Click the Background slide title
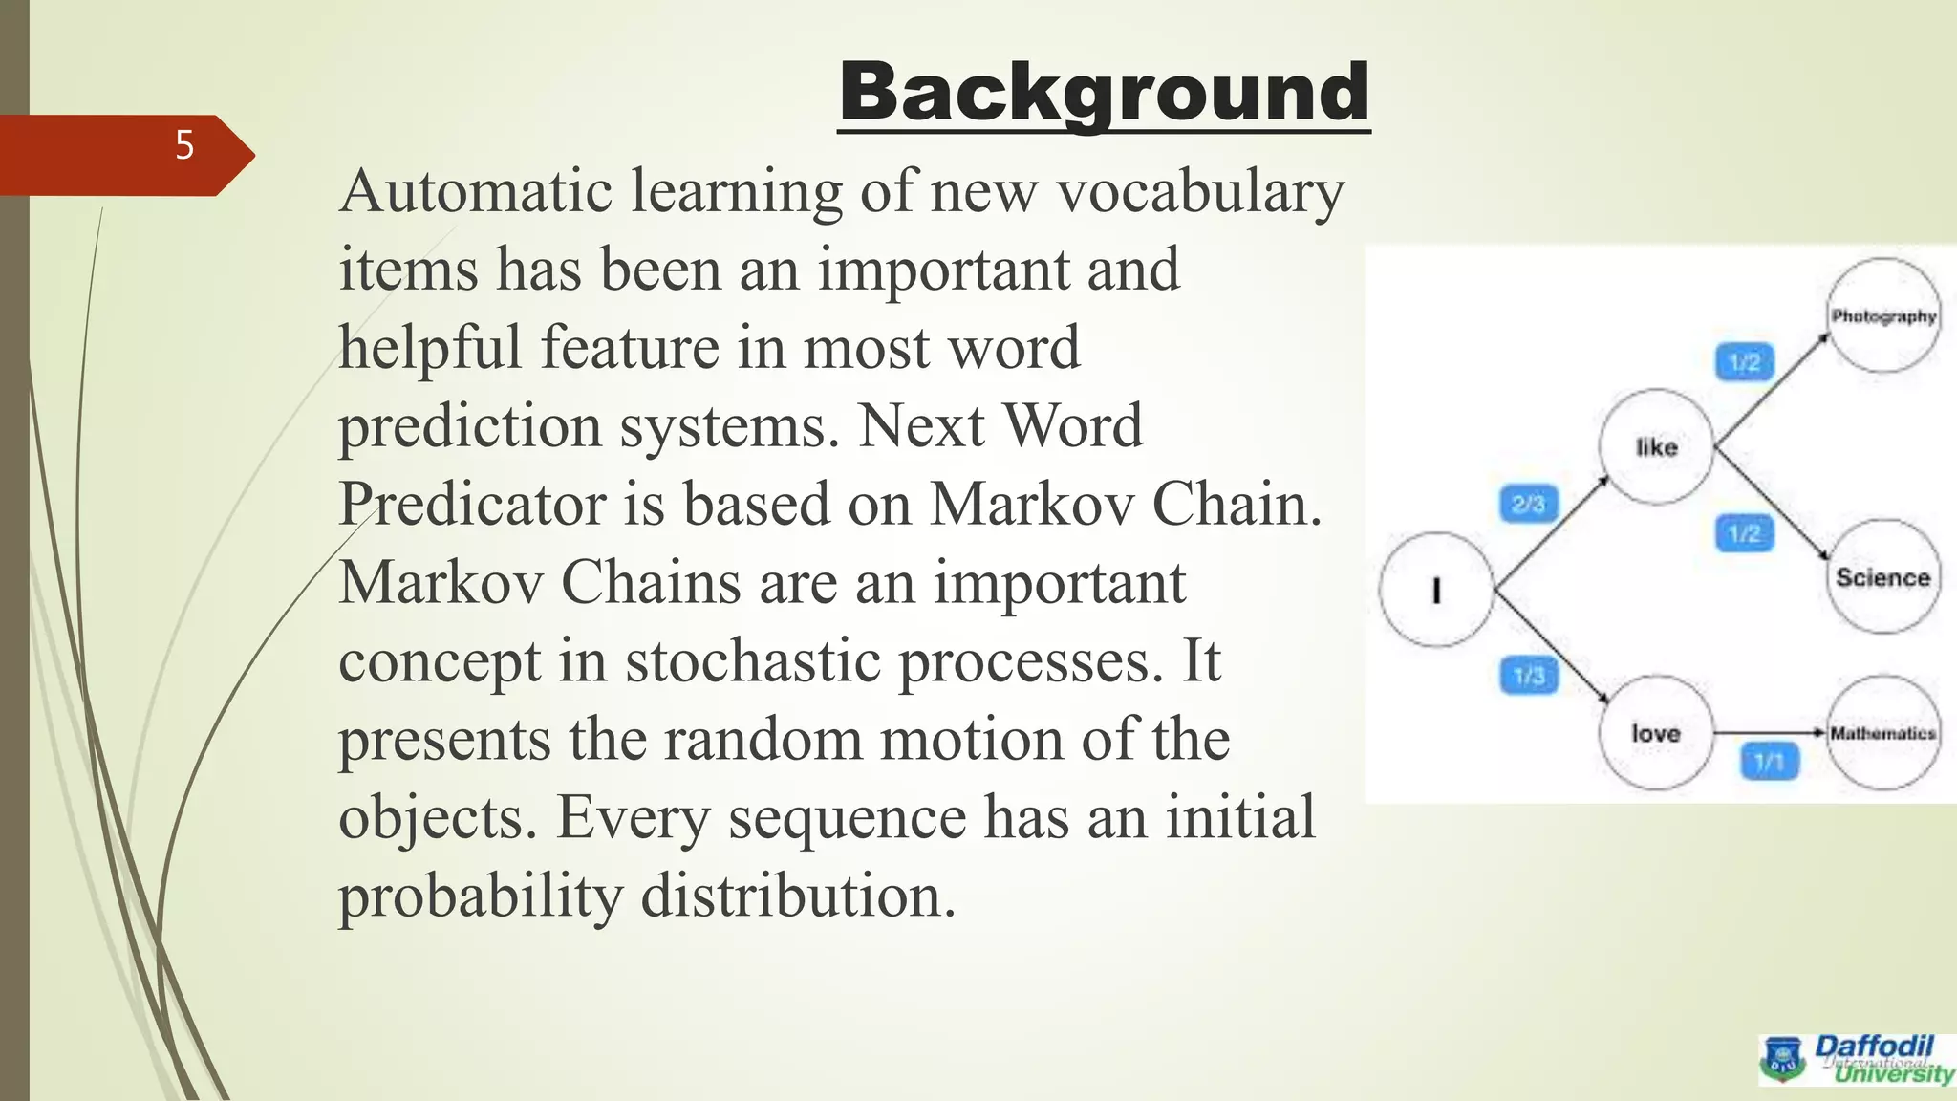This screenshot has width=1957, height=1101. [x=1104, y=92]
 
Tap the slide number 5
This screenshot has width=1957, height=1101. [x=184, y=145]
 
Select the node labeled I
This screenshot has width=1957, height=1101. [x=1435, y=590]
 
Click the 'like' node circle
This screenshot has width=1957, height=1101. [x=1656, y=446]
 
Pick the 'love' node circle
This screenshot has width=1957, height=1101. [x=1655, y=733]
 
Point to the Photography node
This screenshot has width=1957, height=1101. [x=1883, y=315]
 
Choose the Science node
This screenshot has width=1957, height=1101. [x=1882, y=576]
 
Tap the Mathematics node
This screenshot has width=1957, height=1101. [x=1882, y=733]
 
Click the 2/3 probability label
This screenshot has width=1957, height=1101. [x=1528, y=504]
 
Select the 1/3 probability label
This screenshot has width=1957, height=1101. [x=1529, y=676]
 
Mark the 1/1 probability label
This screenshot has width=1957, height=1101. [x=1769, y=762]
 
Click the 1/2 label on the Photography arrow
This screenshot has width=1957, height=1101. [x=1744, y=362]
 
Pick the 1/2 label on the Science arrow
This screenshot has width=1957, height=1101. [x=1744, y=532]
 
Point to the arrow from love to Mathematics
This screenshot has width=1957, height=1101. [x=1768, y=733]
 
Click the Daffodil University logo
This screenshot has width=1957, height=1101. [x=1857, y=1059]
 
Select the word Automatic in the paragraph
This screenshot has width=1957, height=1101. [x=475, y=191]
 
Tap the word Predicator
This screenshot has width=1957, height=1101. [x=472, y=504]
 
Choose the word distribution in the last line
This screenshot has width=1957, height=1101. [x=798, y=896]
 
